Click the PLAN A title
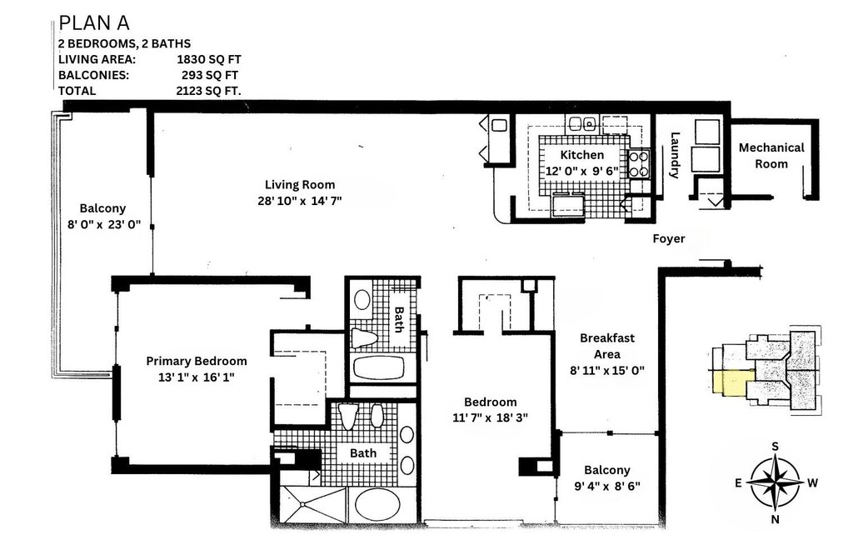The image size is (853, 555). (93, 22)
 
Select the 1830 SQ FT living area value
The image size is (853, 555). (208, 59)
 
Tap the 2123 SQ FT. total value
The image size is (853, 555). (208, 90)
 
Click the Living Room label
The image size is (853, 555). (300, 185)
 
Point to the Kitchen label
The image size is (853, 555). (581, 155)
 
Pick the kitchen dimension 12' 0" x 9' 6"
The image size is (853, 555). (581, 171)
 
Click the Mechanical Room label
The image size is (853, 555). (771, 155)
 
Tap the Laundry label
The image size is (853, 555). (676, 156)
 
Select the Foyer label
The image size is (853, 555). (668, 239)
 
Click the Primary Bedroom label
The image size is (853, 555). (197, 361)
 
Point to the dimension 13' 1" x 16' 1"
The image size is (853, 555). (197, 377)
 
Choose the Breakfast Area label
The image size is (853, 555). (608, 346)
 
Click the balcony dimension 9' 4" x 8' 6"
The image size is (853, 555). (606, 486)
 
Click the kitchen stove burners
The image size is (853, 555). (638, 163)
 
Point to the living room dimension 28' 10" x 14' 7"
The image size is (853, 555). (300, 201)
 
